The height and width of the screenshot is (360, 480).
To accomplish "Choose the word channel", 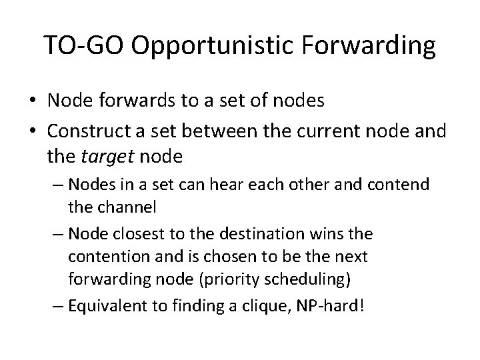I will (130, 207).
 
